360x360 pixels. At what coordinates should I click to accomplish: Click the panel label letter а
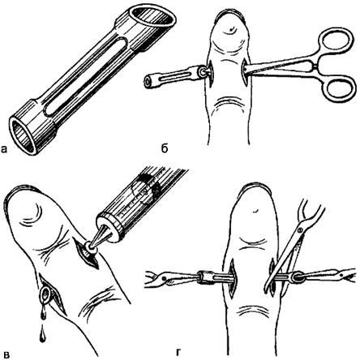pyautogui.click(x=5, y=149)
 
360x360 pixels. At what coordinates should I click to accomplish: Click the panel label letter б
pyautogui.click(x=164, y=148)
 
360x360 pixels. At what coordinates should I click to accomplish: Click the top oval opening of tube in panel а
pyautogui.click(x=152, y=17)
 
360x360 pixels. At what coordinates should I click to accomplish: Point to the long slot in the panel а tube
pyautogui.click(x=85, y=76)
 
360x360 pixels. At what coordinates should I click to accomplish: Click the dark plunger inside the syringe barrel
pyautogui.click(x=147, y=188)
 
